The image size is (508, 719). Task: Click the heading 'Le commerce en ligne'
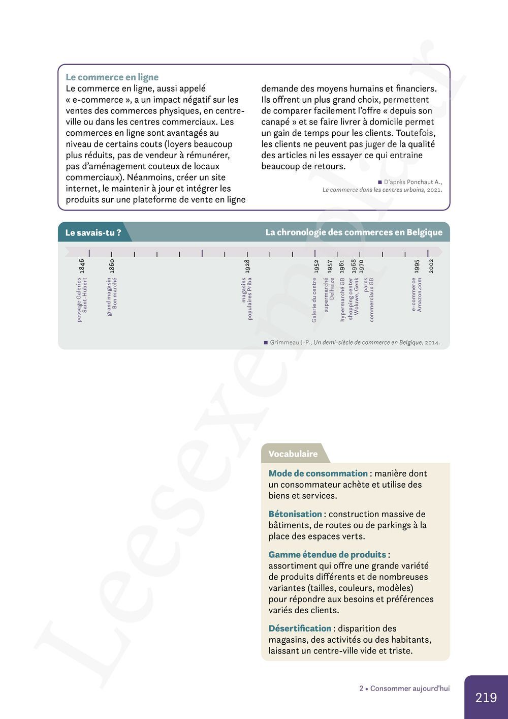tap(112, 77)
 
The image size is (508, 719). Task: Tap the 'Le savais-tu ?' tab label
tap(93, 233)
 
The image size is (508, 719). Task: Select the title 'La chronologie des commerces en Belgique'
tap(354, 232)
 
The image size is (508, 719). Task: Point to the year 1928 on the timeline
tap(247, 266)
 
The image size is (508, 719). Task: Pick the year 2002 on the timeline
tap(431, 266)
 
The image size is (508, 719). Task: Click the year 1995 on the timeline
tap(417, 266)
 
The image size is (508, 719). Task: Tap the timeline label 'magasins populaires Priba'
tap(247, 298)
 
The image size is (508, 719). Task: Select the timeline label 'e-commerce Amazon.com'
tap(417, 294)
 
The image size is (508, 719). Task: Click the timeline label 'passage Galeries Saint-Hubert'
tap(82, 299)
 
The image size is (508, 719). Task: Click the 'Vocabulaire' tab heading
tap(293, 454)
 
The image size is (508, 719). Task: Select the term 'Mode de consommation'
tap(318, 473)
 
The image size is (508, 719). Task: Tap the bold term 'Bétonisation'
tap(295, 514)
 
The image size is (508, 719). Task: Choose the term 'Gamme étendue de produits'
tap(327, 554)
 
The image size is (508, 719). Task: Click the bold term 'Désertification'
tap(300, 628)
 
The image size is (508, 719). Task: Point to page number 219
tap(486, 698)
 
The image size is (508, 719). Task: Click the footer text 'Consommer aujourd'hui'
tap(410, 688)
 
